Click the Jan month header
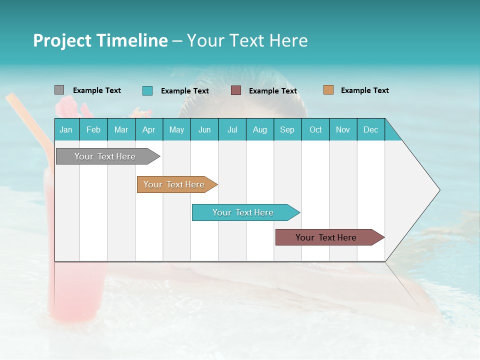pos(66,129)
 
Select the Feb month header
pos(93,129)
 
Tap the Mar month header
pos(121,129)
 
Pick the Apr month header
pos(149,129)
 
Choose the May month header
pos(176,129)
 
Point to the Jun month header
pos(204,129)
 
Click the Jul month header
pos(232,129)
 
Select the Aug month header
pos(260,129)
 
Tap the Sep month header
pos(287,129)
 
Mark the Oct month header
pos(315,129)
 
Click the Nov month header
pos(343,129)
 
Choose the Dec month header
pos(371,129)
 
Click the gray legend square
pos(59,90)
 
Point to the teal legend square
pos(147,90)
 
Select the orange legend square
pos(328,90)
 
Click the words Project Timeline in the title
pos(100,40)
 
